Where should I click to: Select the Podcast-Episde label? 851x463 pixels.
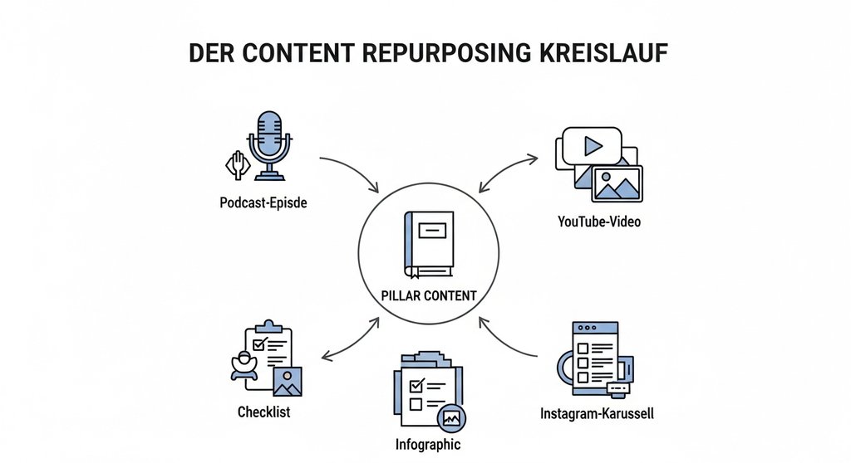[x=263, y=202]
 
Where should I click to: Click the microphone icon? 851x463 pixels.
[x=271, y=145]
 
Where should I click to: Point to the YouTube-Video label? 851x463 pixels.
[x=599, y=222]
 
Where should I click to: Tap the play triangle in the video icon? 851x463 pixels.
[x=592, y=147]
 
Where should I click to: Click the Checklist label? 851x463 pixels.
[x=263, y=412]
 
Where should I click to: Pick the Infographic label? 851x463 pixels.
[x=427, y=444]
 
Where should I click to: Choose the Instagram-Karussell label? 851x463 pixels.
[x=597, y=412]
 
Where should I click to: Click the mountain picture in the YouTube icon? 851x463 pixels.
[x=617, y=183]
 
